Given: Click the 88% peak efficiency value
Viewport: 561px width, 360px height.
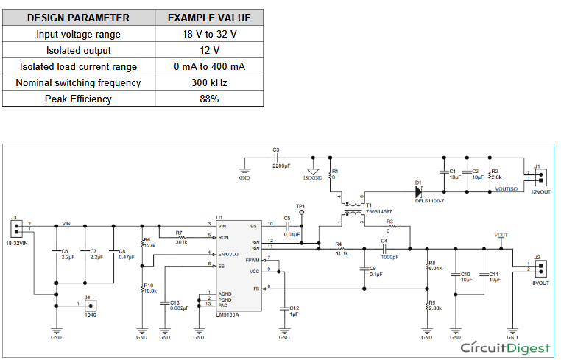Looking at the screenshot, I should tap(209, 99).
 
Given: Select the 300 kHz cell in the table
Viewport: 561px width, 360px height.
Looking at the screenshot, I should tap(209, 82).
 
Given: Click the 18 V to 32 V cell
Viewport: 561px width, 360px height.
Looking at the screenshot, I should tap(209, 34).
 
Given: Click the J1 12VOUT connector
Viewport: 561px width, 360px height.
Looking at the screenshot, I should tap(543, 177).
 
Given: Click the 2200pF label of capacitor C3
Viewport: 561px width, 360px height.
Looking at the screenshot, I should tap(281, 166).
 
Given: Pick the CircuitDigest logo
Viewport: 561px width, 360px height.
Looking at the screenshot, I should tap(504, 347).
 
